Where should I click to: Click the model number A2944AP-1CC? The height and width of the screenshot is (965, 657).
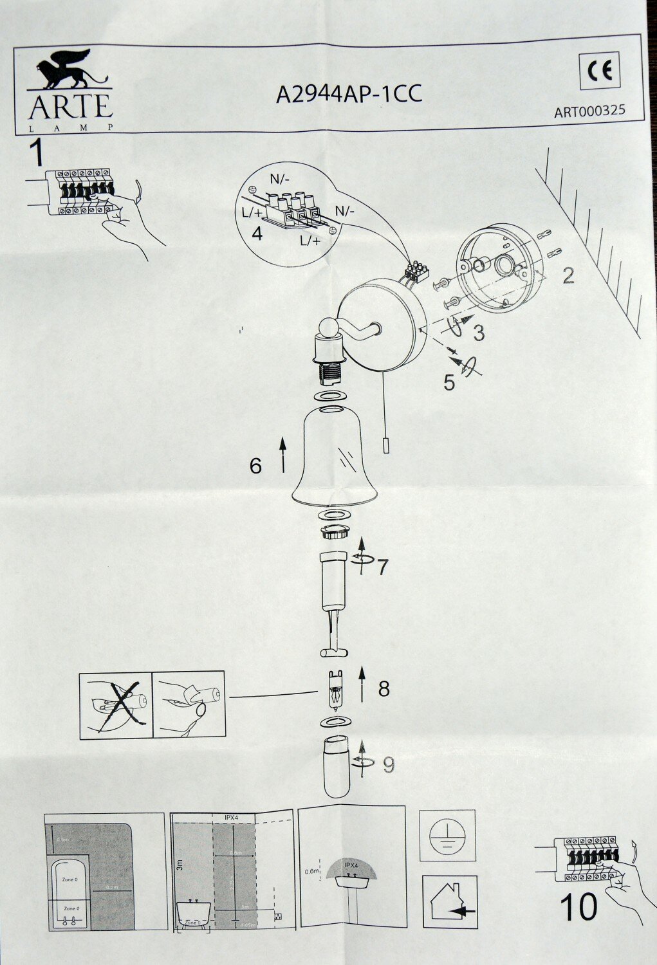(x=349, y=94)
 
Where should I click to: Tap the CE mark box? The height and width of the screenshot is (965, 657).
(x=603, y=71)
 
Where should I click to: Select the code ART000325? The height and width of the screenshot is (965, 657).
(x=589, y=111)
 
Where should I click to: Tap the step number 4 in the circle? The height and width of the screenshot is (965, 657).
(x=257, y=234)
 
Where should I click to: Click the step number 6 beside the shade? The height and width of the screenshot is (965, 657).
(x=256, y=465)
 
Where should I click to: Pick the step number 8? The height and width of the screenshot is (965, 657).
(x=384, y=688)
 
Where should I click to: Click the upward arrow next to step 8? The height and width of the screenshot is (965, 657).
(x=362, y=684)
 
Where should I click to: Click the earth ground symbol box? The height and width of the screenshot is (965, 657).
(x=448, y=836)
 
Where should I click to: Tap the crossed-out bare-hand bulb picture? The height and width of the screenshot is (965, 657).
(x=115, y=705)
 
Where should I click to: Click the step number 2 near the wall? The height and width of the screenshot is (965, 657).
(x=568, y=275)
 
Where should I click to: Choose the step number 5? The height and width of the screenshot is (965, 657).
(x=449, y=381)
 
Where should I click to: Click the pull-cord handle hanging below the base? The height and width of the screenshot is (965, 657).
(x=384, y=445)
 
